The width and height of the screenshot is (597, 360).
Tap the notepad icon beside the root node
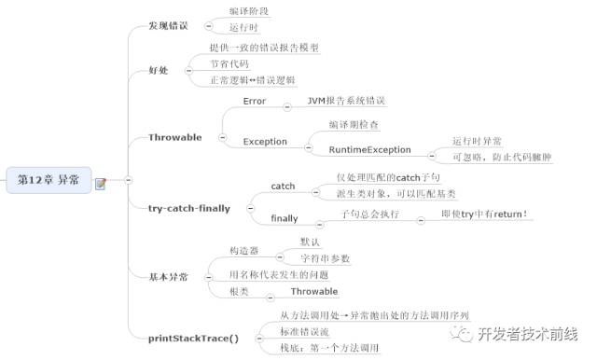100,183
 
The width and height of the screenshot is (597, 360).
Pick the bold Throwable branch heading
174,137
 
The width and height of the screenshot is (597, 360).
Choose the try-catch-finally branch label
188,207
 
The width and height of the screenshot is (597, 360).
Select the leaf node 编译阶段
249,11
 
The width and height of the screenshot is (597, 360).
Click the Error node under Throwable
255,101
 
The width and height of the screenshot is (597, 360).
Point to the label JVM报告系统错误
347,101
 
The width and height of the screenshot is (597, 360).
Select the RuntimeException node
369,149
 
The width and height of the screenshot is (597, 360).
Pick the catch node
283,186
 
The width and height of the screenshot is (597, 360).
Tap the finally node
285,218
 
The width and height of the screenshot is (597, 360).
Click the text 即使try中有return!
485,214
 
